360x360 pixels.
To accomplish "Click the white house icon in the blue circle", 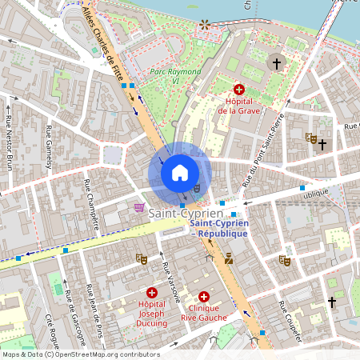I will tap(180, 173).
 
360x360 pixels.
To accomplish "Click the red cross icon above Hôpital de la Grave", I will tap(238, 90).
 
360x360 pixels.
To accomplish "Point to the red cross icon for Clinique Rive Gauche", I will tap(204, 295).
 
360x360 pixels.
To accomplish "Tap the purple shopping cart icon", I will tap(140, 208).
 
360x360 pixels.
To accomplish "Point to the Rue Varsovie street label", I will tap(169, 280).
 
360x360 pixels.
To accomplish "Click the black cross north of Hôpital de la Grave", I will tap(278, 62).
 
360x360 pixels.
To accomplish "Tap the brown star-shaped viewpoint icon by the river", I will tap(206, 24).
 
